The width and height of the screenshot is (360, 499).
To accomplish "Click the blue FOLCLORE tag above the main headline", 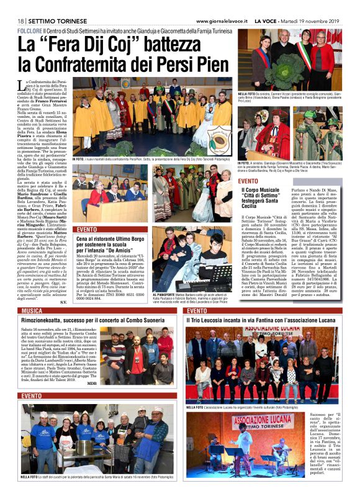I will [30, 30].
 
